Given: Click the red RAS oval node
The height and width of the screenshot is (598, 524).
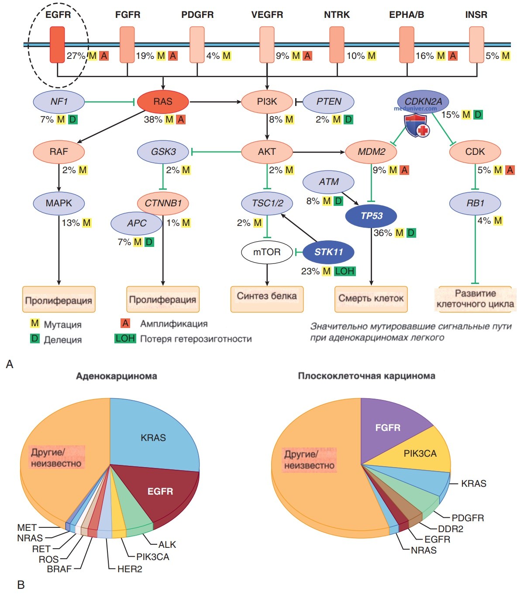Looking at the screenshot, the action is [163, 102].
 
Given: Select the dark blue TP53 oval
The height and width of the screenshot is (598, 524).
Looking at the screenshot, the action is [371, 216].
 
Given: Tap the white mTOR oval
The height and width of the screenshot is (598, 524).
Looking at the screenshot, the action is [267, 252].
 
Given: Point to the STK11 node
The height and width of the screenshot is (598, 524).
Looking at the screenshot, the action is [328, 252].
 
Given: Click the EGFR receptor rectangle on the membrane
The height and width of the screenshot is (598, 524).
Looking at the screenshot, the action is [57, 45].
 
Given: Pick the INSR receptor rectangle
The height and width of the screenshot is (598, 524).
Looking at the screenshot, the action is [476, 45].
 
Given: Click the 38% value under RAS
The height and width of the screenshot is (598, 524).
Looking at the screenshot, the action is [153, 120].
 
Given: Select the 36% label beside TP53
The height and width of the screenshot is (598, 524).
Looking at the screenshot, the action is [383, 233].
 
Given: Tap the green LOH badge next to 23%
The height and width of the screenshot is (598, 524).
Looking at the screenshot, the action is [345, 271].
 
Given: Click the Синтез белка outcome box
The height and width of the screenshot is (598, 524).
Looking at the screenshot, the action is [267, 299].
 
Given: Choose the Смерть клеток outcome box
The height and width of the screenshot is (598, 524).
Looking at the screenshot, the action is [371, 299].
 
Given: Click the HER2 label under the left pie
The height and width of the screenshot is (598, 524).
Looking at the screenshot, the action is [130, 569].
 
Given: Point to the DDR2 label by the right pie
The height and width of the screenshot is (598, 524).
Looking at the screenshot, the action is [450, 529].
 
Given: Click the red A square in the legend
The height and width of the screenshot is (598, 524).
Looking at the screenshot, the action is [125, 323].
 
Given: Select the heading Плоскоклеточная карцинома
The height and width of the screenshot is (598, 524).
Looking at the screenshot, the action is [367, 376].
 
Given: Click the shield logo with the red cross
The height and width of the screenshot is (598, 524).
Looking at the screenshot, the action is [416, 126].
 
